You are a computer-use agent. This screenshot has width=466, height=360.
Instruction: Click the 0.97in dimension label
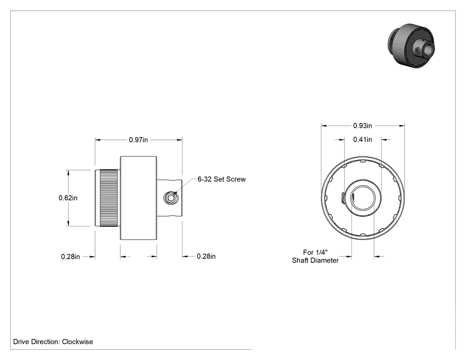pyautogui.click(x=138, y=140)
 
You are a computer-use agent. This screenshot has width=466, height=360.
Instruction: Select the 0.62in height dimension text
pyautogui.click(x=68, y=198)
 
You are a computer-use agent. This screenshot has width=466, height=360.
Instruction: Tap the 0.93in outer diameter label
pyautogui.click(x=363, y=126)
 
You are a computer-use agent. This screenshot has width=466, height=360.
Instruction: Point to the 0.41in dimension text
pyautogui.click(x=363, y=139)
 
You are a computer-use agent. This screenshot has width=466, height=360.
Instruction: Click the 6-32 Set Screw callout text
pyautogui.click(x=222, y=179)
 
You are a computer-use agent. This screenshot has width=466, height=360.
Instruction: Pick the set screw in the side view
pyautogui.click(x=170, y=198)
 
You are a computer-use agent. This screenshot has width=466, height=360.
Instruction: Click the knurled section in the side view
pyautogui.click(x=108, y=198)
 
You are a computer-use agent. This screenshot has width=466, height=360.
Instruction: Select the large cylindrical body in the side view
pyautogui.click(x=138, y=198)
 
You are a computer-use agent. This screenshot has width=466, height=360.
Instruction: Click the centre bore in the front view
pyautogui.click(x=363, y=198)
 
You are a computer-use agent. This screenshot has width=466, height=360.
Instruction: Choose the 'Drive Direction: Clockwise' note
pyautogui.click(x=53, y=342)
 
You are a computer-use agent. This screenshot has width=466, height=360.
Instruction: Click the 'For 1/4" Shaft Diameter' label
pyautogui.click(x=315, y=256)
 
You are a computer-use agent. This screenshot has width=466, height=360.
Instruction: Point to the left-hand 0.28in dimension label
pyautogui.click(x=71, y=257)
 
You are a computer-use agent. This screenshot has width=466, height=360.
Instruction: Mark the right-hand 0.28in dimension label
pyautogui.click(x=206, y=256)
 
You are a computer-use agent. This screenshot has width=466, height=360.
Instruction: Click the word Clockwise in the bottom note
pyautogui.click(x=78, y=342)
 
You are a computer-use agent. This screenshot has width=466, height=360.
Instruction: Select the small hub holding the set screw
pyautogui.click(x=170, y=198)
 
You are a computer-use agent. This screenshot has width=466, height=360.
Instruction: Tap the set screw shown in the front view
pyautogui.click(x=342, y=198)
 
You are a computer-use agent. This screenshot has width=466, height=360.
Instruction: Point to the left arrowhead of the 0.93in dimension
pyautogui.click(x=324, y=126)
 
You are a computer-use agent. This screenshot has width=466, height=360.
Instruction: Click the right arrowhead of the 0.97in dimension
pyautogui.click(x=179, y=140)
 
